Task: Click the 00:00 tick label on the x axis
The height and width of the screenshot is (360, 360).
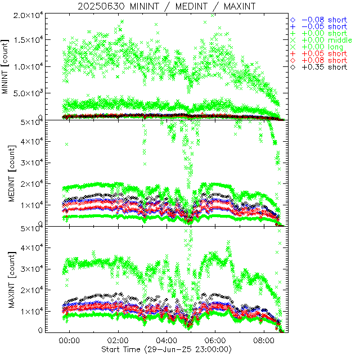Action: (70, 341)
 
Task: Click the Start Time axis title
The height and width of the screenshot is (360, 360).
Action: (167, 350)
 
